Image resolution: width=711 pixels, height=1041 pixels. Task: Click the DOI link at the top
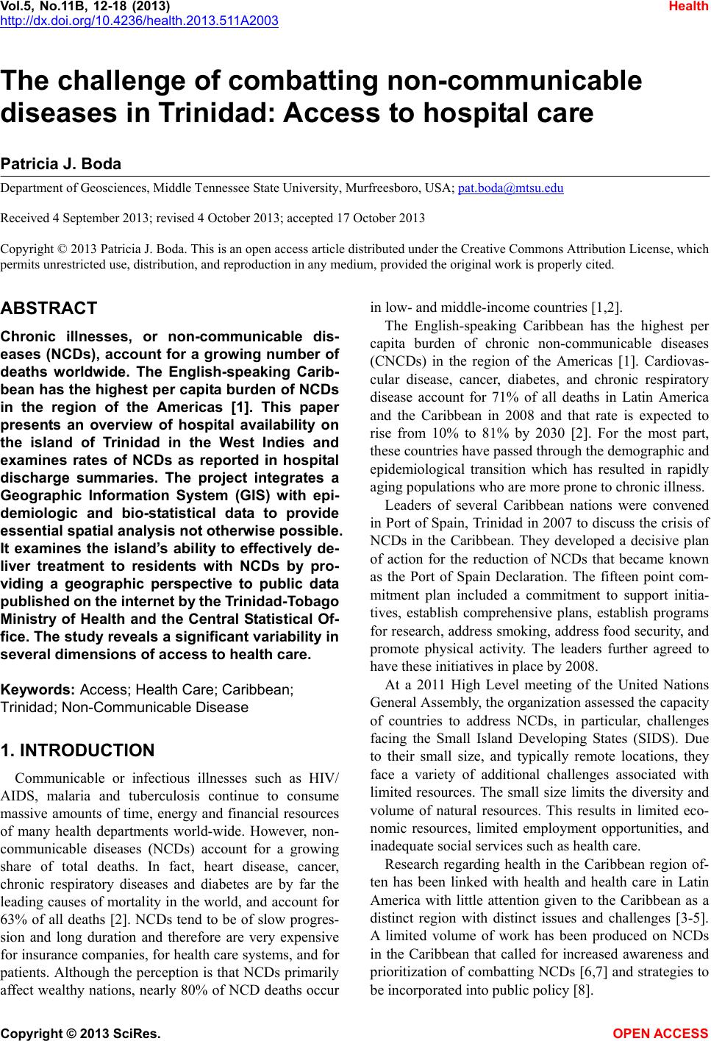pos(139,21)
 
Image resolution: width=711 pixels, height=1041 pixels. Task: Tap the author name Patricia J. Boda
pos(61,163)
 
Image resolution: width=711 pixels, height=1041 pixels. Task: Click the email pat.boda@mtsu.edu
pos(510,188)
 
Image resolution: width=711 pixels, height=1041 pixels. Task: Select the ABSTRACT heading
pos(49,308)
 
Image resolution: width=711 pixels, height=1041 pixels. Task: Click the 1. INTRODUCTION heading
pos(78,750)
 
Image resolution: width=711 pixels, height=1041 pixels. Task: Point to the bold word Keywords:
pos(38,690)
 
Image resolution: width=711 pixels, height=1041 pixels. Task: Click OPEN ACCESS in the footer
pos(661,1034)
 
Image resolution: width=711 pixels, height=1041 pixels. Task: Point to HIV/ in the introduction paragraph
pos(323,778)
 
